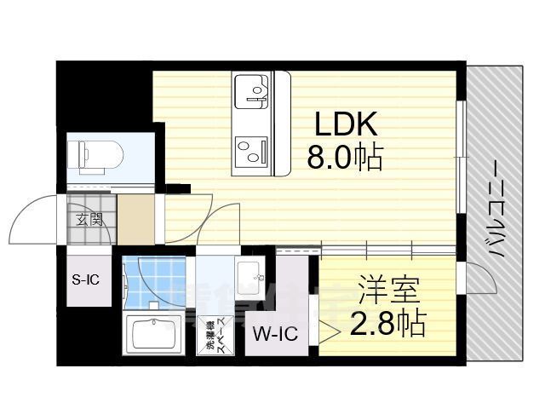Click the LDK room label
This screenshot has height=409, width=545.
click(346, 127)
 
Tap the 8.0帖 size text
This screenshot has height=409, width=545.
click(346, 158)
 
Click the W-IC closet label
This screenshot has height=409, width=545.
click(274, 333)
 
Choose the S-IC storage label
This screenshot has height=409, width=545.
click(89, 278)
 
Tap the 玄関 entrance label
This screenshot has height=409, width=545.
click(90, 218)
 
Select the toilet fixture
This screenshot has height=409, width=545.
click(99, 156)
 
